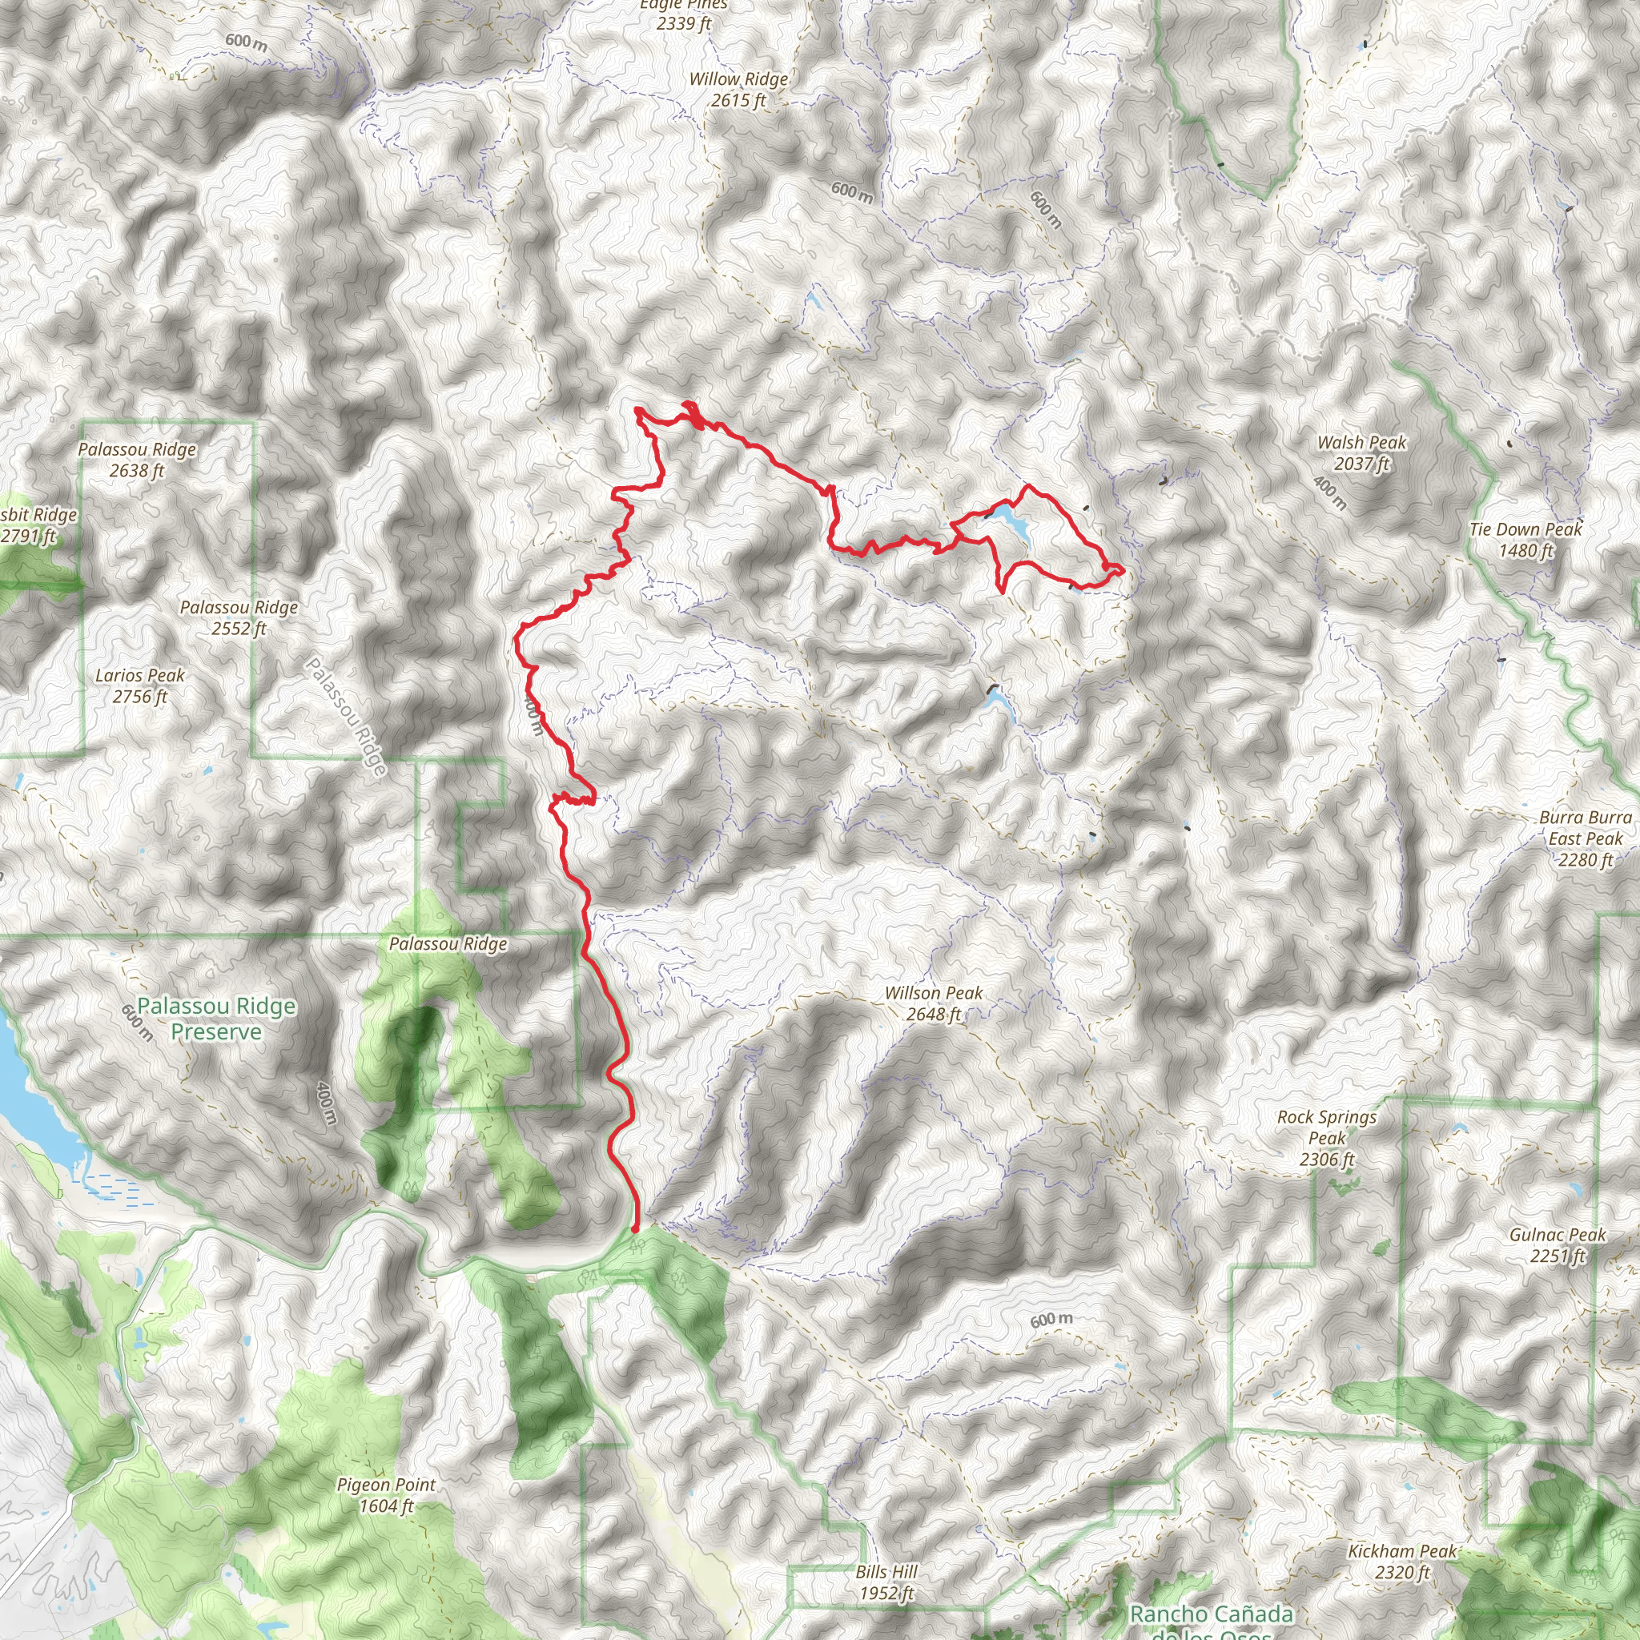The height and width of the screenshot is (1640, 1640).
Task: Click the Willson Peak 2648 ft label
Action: (x=933, y=1003)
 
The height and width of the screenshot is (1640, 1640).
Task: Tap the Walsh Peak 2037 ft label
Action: (x=1361, y=452)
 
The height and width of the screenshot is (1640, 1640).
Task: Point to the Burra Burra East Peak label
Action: (x=1585, y=838)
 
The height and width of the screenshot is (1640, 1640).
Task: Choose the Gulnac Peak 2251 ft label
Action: (x=1557, y=1245)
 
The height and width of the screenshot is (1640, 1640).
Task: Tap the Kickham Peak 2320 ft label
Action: (x=1401, y=1561)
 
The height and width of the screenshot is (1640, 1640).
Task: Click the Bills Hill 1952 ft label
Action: (x=886, y=1582)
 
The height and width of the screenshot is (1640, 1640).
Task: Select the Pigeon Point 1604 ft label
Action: (x=385, y=1495)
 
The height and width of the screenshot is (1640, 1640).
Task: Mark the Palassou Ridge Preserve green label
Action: (x=216, y=1019)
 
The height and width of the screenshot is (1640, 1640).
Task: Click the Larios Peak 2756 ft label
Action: (x=140, y=685)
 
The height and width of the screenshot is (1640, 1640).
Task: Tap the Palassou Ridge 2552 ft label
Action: (x=239, y=617)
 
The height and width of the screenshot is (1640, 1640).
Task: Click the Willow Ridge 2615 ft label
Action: (x=738, y=89)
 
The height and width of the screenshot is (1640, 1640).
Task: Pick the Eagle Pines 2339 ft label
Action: (x=683, y=14)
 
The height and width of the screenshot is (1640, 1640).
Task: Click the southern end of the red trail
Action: (x=636, y=1228)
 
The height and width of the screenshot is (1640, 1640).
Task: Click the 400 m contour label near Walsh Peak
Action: (x=1329, y=492)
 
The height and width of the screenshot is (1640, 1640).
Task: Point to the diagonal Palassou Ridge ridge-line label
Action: (x=346, y=716)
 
